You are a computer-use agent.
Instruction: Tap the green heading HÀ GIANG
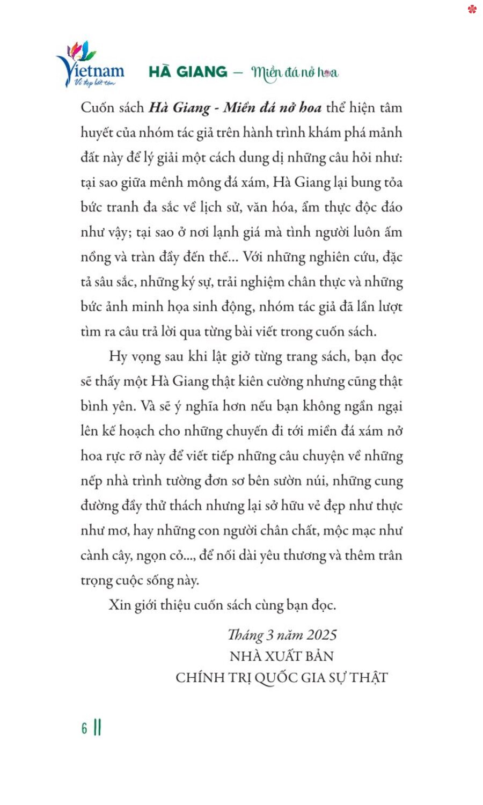pos(188,72)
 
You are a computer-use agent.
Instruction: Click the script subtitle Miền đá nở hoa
pos(295,72)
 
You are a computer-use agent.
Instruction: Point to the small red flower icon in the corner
pos(472,9)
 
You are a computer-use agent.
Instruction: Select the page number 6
pos(84,728)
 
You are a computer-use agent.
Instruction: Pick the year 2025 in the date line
pos(321,635)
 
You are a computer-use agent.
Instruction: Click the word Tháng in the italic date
pos(245,635)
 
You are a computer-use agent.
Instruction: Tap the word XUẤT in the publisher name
pos(284,656)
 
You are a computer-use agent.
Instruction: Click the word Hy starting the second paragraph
pos(118,356)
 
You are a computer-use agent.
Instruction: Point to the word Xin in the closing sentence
pos(120,605)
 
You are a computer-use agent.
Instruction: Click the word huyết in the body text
pos(97,133)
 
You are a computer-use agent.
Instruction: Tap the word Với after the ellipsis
pos(253,257)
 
